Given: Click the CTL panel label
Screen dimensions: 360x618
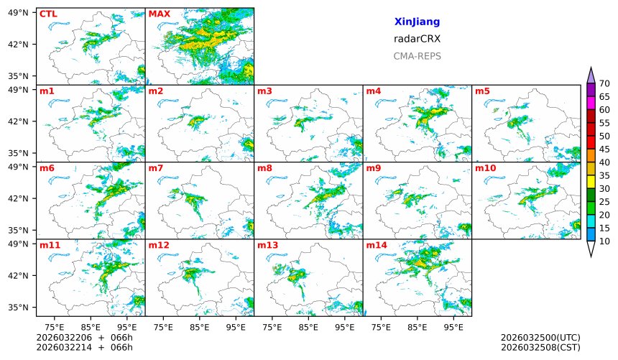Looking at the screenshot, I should pyautogui.click(x=48, y=14).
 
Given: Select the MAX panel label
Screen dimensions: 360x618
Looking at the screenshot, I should pyautogui.click(x=159, y=14).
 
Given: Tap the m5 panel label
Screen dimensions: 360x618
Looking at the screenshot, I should pyautogui.click(x=482, y=91).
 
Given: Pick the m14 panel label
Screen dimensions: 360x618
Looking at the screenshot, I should pyautogui.click(x=377, y=245).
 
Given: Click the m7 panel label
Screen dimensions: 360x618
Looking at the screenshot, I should pyautogui.click(x=156, y=168).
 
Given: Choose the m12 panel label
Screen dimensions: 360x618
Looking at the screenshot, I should pyautogui.click(x=159, y=245).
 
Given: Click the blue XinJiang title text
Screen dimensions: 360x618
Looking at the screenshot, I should pyautogui.click(x=417, y=22).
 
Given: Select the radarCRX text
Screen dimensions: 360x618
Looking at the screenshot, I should pyautogui.click(x=417, y=39).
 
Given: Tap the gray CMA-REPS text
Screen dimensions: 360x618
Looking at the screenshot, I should pyautogui.click(x=417, y=56).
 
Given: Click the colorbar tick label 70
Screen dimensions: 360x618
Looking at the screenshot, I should pyautogui.click(x=604, y=84).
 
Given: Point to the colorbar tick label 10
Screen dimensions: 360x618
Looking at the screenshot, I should pyautogui.click(x=604, y=241).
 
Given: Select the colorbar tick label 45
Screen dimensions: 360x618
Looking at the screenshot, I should pyautogui.click(x=604, y=149).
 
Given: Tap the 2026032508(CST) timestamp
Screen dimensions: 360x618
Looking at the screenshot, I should pyautogui.click(x=540, y=348).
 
